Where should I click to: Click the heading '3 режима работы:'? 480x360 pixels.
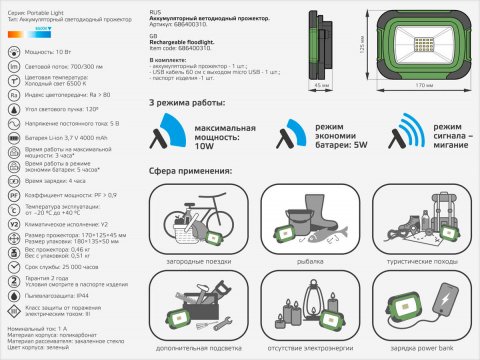[187, 103]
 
